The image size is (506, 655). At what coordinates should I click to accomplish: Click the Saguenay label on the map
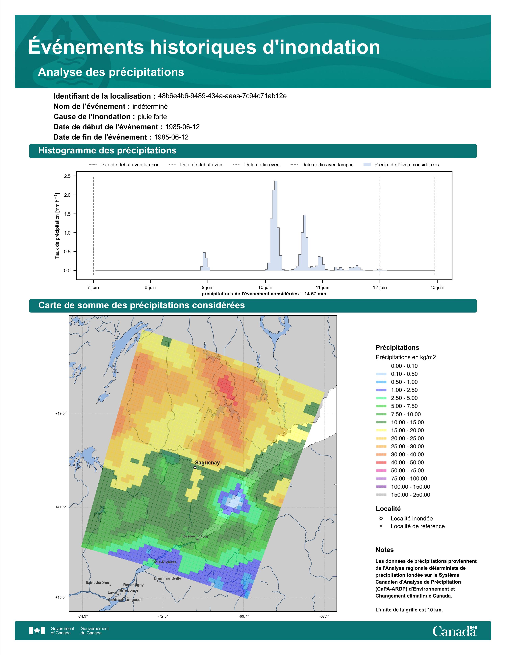(207, 463)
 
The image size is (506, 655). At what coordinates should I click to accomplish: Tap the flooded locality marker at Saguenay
(195, 467)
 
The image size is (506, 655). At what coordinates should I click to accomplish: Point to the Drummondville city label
(167, 578)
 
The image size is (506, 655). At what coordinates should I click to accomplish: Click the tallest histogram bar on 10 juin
(276, 225)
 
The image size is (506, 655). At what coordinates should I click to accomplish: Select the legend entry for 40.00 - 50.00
(400, 462)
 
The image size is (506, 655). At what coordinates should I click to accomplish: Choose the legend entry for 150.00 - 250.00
(403, 495)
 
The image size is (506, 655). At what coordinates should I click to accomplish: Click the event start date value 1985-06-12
(183, 127)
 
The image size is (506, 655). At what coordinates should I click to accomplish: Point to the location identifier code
(222, 96)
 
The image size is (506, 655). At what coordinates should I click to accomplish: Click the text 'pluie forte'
(152, 117)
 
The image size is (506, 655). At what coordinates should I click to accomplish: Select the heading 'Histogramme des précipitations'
(107, 151)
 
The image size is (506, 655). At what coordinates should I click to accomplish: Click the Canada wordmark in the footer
(454, 631)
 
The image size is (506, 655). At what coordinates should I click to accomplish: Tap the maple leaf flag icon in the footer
(37, 631)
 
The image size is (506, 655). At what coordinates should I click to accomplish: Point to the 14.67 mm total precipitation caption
(264, 294)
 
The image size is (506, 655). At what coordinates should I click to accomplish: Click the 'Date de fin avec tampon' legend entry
(322, 165)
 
